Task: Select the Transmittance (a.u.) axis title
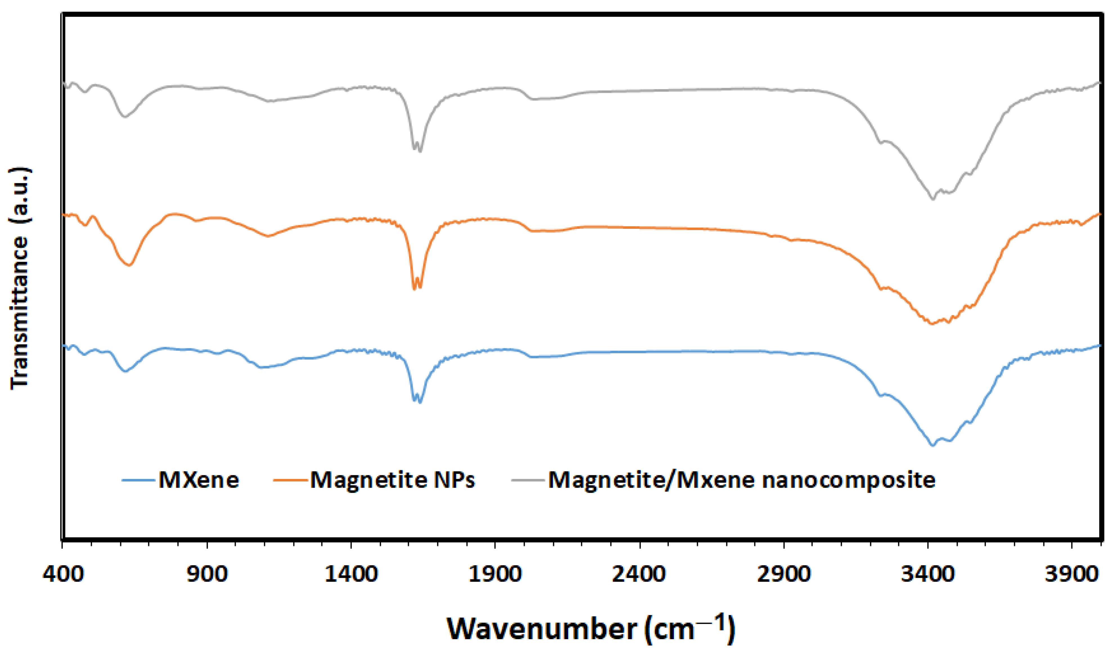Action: coord(20,279)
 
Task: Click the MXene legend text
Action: coord(199,480)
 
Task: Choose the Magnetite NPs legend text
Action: coord(392,480)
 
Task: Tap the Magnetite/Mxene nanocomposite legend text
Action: coord(742,480)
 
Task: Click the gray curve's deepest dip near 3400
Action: coord(932,199)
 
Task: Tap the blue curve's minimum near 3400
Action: coord(932,446)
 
